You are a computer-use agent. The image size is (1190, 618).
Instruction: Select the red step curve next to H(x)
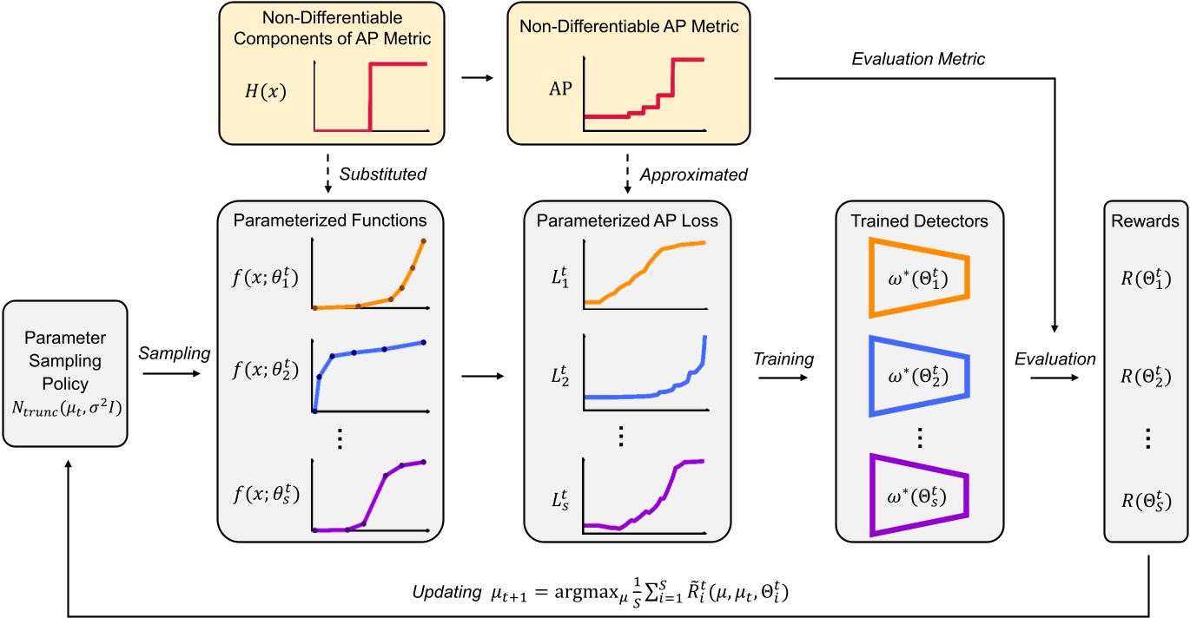(x=372, y=95)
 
